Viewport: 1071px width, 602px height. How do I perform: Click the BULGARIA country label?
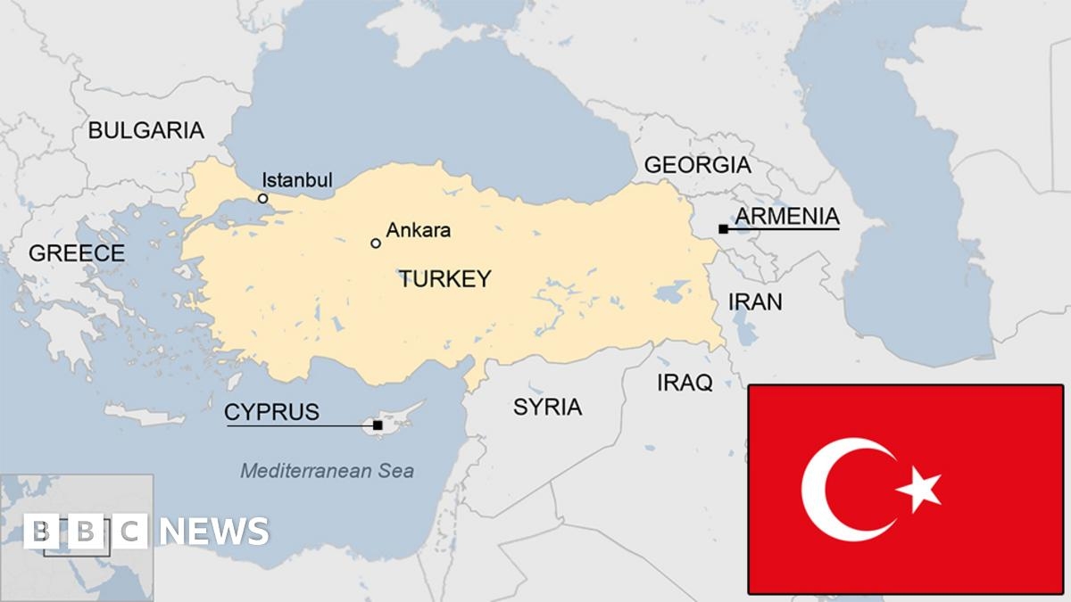pos(145,130)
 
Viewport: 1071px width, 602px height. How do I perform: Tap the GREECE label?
pos(77,253)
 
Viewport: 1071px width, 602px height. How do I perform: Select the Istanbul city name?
pos(297,180)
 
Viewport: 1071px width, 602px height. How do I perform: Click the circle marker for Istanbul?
pos(263,198)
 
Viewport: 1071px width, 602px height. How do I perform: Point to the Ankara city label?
pos(418,230)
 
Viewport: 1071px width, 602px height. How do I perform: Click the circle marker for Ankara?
pos(376,243)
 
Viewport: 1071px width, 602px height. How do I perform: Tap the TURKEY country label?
pos(444,279)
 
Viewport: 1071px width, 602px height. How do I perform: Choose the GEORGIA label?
pos(697,165)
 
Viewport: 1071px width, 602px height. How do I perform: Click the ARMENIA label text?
pos(786,216)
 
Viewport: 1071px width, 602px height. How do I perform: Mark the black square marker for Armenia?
pos(722,229)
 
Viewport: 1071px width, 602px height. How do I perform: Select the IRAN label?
pos(755,301)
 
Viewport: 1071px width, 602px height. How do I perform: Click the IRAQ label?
pos(685,383)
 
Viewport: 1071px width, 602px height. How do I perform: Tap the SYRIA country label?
pos(547,408)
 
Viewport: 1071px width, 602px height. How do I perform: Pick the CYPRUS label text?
pos(271,412)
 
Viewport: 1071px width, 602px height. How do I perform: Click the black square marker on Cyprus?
pos(378,425)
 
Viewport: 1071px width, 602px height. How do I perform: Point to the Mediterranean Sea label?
pos(327,471)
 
